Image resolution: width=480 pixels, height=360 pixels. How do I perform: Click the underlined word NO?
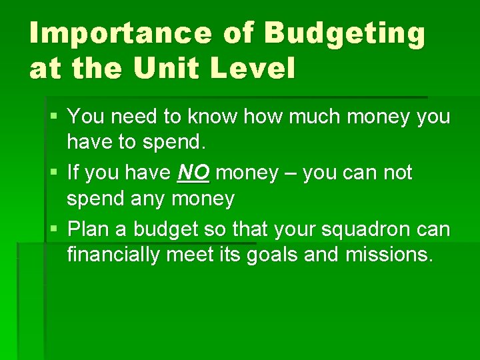pyautogui.click(x=193, y=173)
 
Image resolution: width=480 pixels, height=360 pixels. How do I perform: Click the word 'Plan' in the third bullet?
pyautogui.click(x=91, y=229)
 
